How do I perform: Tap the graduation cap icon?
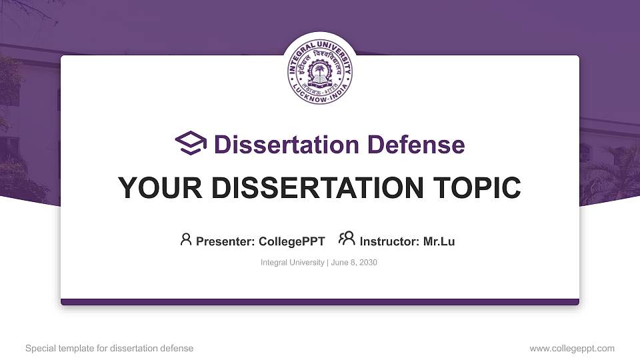(191, 143)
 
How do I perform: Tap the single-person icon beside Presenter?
(186, 239)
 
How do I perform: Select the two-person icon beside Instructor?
(347, 239)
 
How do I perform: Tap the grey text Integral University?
(292, 263)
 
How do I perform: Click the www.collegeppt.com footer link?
(572, 348)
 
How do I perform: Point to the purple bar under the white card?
(320, 302)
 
